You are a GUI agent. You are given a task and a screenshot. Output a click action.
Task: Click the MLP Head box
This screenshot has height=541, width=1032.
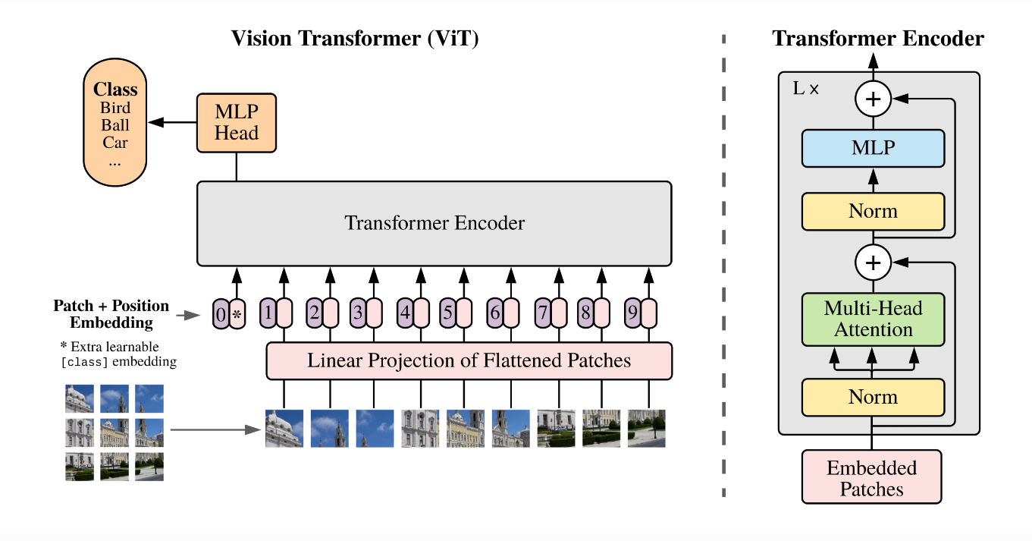pos(237,122)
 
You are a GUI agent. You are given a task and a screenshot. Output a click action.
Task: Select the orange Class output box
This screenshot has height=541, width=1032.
pos(115,124)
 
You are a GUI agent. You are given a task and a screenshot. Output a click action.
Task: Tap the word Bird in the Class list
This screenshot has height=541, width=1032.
pos(115,107)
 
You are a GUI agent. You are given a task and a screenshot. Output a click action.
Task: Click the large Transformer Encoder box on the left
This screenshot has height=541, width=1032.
pos(434,223)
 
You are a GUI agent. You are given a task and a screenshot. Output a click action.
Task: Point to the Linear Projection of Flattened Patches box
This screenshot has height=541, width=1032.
pos(469,360)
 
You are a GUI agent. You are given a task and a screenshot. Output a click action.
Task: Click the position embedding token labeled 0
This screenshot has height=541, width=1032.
pos(221,313)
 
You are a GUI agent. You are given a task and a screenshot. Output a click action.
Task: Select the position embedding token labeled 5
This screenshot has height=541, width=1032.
pos(448,313)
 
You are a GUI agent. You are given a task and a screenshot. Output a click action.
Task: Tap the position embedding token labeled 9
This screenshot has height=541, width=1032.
pos(633,313)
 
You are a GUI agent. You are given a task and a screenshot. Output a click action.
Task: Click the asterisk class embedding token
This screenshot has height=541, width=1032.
pos(237,313)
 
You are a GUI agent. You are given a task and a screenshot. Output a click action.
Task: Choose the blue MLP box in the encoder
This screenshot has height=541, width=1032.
pos(873,148)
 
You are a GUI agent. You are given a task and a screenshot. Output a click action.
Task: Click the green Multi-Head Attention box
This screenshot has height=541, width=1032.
pos(873,319)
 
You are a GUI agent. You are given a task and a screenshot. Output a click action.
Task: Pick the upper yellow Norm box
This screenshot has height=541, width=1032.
pos(873,211)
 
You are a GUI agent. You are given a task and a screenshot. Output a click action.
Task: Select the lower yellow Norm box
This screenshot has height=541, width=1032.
pos(873,397)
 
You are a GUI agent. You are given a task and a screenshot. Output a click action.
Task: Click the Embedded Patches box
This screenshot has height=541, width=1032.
pos(871,477)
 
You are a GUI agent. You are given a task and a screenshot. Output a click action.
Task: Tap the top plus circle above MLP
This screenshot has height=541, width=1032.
pos(873,99)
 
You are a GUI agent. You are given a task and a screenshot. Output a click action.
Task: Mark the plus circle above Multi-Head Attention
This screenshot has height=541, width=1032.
pos(873,263)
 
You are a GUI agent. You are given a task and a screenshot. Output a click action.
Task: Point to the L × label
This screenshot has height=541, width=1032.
pos(805,88)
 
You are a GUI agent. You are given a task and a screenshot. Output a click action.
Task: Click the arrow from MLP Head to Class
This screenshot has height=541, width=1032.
pos(172,122)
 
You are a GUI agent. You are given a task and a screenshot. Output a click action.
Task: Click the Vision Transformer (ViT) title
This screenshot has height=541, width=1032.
pos(355,39)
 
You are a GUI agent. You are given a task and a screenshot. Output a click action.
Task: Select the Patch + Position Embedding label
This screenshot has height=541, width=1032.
pos(111,314)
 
